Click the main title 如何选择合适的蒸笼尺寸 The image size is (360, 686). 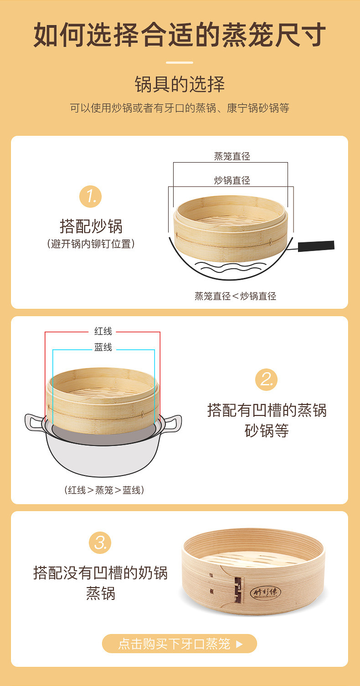[180, 35]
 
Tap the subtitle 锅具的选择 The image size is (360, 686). [180, 84]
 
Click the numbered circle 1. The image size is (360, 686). [91, 196]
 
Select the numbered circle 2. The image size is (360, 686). [266, 379]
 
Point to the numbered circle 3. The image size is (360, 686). [100, 543]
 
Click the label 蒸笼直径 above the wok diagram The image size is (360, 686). [232, 156]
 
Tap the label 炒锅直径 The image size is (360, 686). [232, 180]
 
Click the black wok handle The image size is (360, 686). [316, 246]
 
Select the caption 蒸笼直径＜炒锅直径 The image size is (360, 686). [235, 296]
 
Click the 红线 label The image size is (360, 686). [103, 331]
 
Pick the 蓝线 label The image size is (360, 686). [103, 347]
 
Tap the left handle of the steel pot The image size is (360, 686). [33, 423]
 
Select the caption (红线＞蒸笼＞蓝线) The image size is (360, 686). [104, 490]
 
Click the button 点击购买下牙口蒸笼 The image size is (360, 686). [180, 644]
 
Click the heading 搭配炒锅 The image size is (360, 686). [91, 226]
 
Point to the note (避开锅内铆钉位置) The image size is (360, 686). [91, 244]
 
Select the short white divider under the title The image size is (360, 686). [180, 62]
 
